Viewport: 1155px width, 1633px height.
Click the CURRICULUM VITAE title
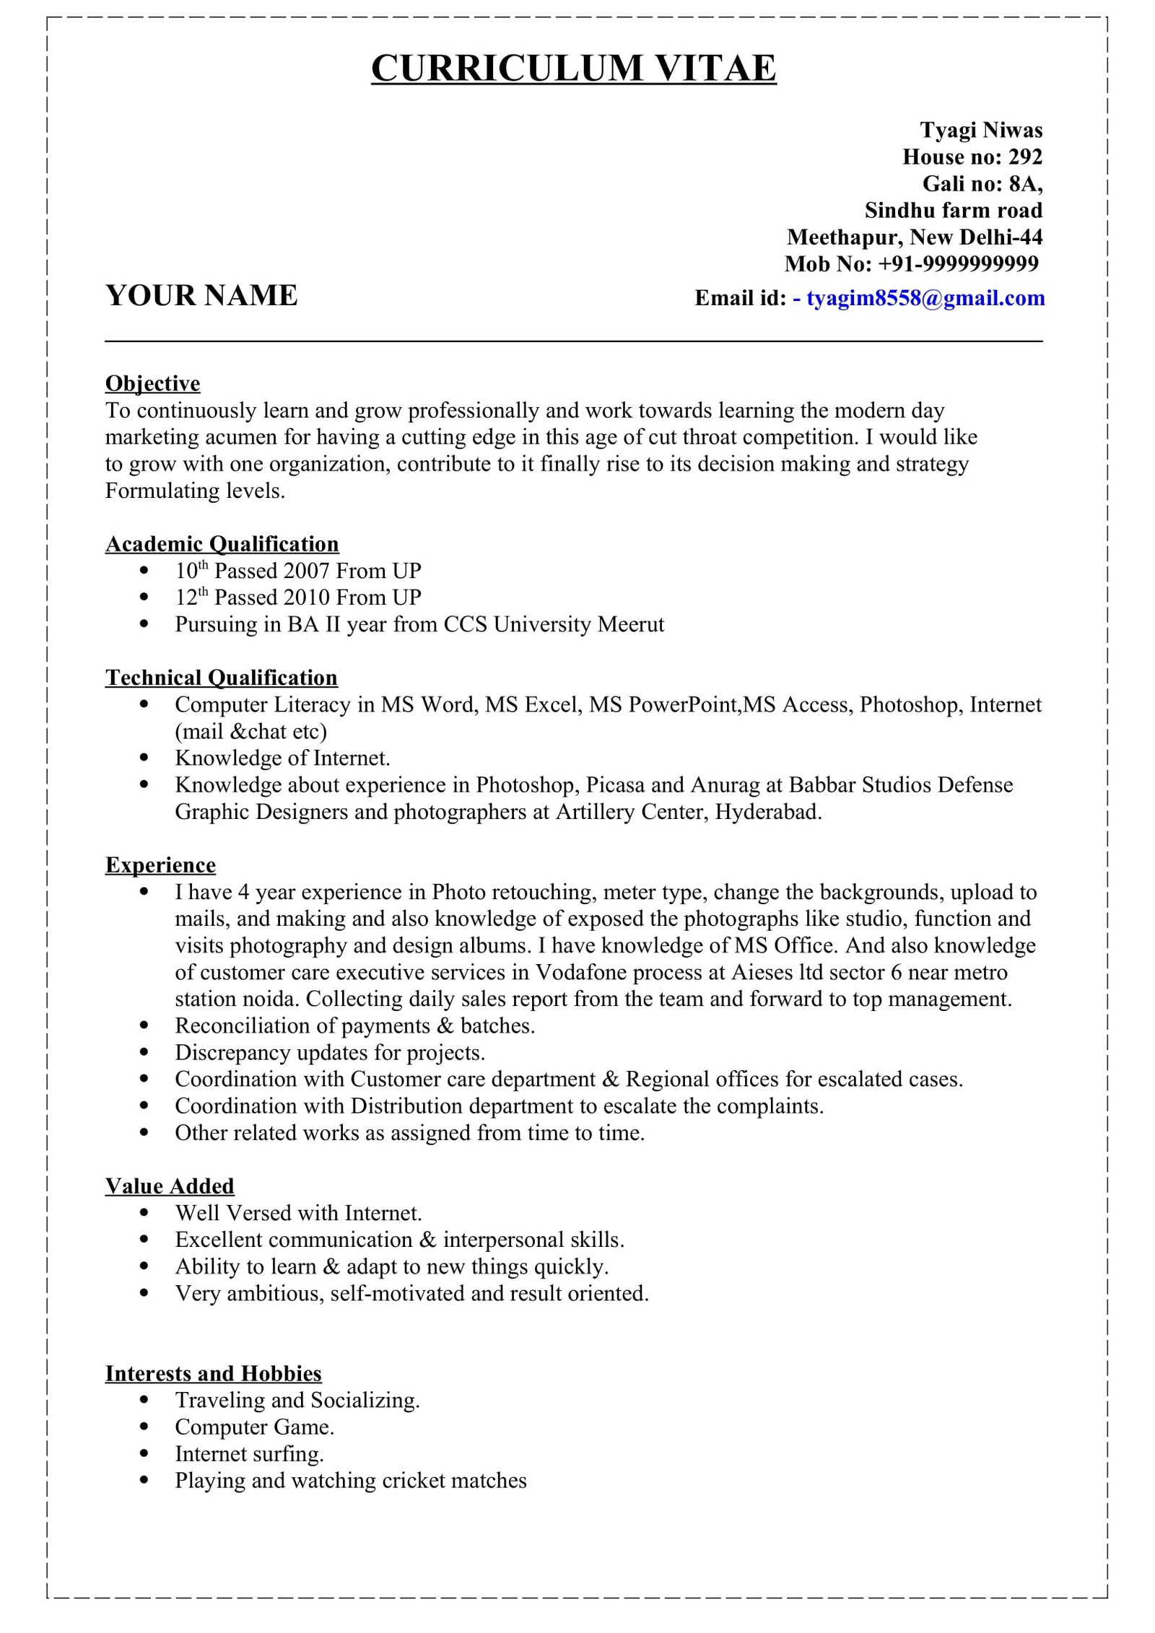point(573,69)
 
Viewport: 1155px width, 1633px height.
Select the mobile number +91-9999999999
point(958,264)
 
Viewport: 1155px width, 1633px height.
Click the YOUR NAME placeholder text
point(201,296)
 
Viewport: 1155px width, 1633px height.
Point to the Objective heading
point(152,383)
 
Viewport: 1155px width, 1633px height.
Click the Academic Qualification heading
point(222,543)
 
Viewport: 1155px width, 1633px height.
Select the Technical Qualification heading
point(221,677)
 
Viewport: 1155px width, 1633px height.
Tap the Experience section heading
point(160,864)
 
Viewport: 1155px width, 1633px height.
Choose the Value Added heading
point(170,1186)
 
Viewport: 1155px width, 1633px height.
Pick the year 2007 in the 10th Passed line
point(307,572)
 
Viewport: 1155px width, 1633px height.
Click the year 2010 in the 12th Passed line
point(307,598)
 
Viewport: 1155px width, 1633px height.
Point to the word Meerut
point(630,624)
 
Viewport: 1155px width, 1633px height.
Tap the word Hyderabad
point(767,812)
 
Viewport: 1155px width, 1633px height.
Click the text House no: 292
point(972,157)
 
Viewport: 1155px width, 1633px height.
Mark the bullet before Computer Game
point(145,1427)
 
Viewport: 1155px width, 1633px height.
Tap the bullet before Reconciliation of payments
point(145,1026)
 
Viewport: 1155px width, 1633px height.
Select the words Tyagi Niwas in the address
point(980,130)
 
